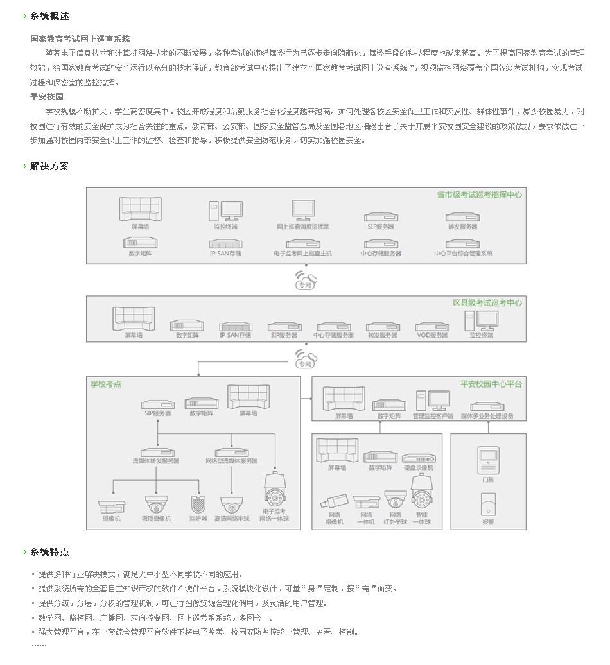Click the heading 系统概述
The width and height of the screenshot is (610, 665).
(x=49, y=15)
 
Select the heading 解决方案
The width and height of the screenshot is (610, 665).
(x=49, y=166)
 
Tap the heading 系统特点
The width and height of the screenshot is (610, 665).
(x=49, y=551)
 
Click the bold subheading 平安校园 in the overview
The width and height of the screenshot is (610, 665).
(x=47, y=96)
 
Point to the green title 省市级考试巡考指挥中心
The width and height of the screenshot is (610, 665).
(x=479, y=194)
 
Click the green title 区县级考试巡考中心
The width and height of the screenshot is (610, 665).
(x=487, y=302)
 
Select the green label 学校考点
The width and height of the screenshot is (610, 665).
(x=106, y=384)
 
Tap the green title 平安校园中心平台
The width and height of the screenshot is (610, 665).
(x=491, y=384)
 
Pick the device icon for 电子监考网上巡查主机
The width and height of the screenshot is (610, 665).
(x=303, y=244)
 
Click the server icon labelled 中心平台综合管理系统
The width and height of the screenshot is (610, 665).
(x=463, y=244)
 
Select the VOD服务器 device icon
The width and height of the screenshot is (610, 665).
(x=432, y=327)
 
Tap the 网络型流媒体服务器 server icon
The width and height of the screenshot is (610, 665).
(x=232, y=452)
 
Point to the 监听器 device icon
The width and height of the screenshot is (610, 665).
(x=198, y=505)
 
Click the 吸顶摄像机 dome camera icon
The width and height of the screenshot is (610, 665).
(x=156, y=503)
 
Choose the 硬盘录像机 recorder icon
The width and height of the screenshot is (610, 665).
(x=419, y=458)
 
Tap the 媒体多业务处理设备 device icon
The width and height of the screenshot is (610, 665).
(x=487, y=406)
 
